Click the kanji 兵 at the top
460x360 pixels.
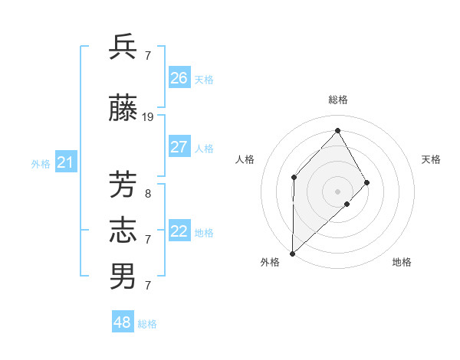coord(123,47)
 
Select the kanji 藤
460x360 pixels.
coord(123,110)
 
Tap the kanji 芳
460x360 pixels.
coord(123,185)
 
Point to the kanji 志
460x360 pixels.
coord(123,231)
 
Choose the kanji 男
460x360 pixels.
coord(123,277)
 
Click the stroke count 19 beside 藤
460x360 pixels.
coord(148,117)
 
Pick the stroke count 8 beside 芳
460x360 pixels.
coord(148,194)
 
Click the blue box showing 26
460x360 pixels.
coord(179,78)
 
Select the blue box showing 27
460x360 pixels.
coord(179,147)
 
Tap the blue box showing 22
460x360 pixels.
coord(179,231)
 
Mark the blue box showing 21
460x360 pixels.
coord(65,162)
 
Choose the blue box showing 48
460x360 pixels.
coord(123,322)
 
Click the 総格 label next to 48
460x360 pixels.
coord(147,324)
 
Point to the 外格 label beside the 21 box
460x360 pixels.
coord(40,163)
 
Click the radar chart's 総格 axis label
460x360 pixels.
coord(337,100)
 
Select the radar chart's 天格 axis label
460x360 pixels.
coord(431,159)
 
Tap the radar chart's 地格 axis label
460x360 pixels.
coord(402,262)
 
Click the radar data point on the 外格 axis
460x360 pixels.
coord(292,253)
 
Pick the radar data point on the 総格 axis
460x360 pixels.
coord(337,130)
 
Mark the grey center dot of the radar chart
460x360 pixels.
coord(337,191)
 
